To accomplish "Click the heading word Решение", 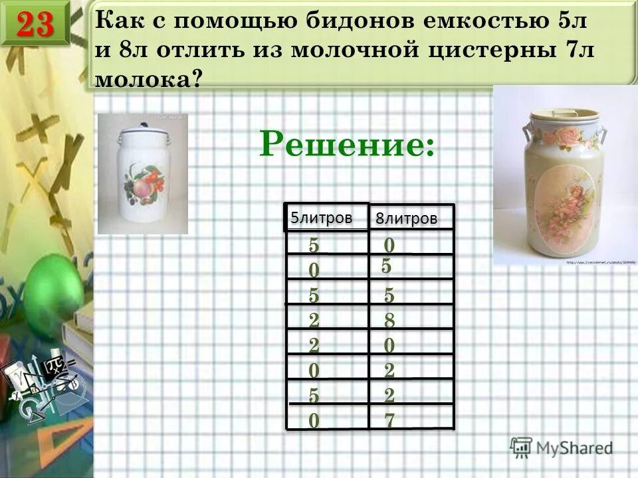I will pos(348,141).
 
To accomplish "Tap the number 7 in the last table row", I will pos(389,421).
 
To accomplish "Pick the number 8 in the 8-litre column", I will pos(389,321).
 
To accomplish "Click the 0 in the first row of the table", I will pos(389,246).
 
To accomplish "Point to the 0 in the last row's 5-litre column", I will pos(314,421).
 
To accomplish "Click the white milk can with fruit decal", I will pos(143,175).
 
